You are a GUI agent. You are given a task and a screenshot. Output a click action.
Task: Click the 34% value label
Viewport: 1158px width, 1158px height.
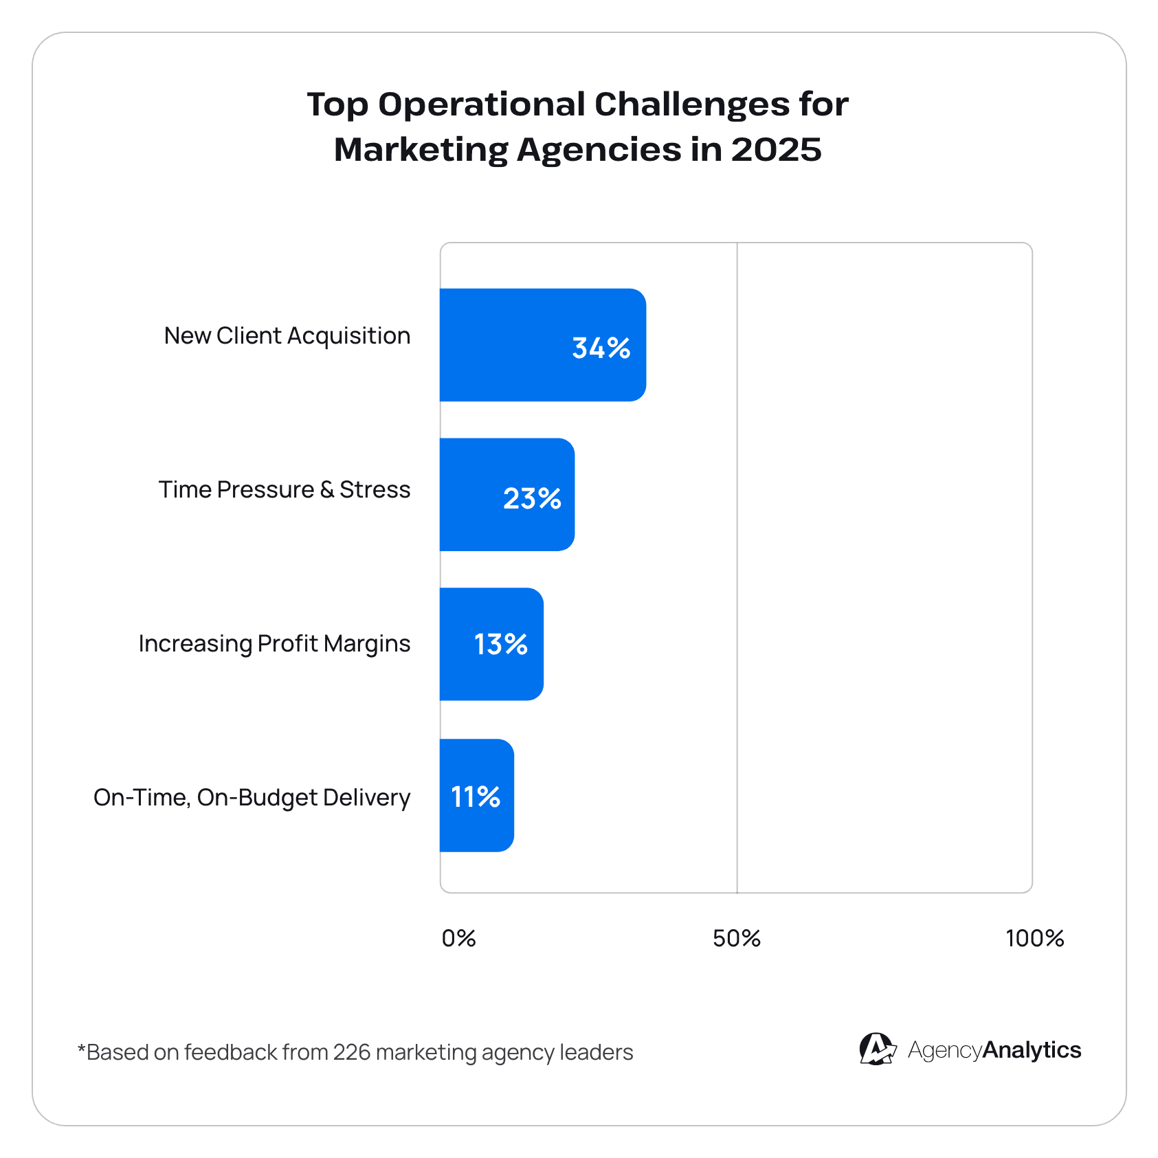pos(601,348)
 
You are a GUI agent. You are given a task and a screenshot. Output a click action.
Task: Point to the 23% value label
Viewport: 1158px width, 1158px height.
pos(532,498)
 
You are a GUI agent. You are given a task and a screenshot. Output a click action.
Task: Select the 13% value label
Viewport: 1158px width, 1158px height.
pos(500,645)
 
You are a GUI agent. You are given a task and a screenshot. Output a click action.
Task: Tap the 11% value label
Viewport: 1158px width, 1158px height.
pos(476,797)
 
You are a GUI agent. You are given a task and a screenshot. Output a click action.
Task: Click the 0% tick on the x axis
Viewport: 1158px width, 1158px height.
pos(458,938)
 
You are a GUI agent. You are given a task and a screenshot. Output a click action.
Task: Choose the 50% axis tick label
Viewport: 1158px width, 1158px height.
pos(736,938)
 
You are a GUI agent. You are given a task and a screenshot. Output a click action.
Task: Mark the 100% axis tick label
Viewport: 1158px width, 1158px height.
pos(1034,938)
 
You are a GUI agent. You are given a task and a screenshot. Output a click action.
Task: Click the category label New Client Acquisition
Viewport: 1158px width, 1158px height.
pos(287,336)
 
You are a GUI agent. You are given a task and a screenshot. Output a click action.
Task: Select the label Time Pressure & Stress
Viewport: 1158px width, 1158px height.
pos(284,490)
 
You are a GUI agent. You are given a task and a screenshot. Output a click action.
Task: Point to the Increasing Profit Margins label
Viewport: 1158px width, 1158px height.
pos(274,644)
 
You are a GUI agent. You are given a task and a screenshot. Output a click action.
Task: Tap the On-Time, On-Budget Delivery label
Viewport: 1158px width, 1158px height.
pos(252,798)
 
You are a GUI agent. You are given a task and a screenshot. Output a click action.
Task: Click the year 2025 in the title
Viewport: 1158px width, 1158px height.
pos(776,150)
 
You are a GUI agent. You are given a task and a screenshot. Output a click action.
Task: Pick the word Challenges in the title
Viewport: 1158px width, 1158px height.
pos(691,104)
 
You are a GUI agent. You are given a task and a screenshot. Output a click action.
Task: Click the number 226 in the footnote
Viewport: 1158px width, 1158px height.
pos(351,1052)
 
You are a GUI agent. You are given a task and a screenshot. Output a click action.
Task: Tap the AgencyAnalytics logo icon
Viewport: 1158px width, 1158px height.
pos(877,1049)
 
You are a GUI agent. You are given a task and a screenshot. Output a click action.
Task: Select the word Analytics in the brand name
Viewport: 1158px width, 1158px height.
pos(1032,1050)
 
